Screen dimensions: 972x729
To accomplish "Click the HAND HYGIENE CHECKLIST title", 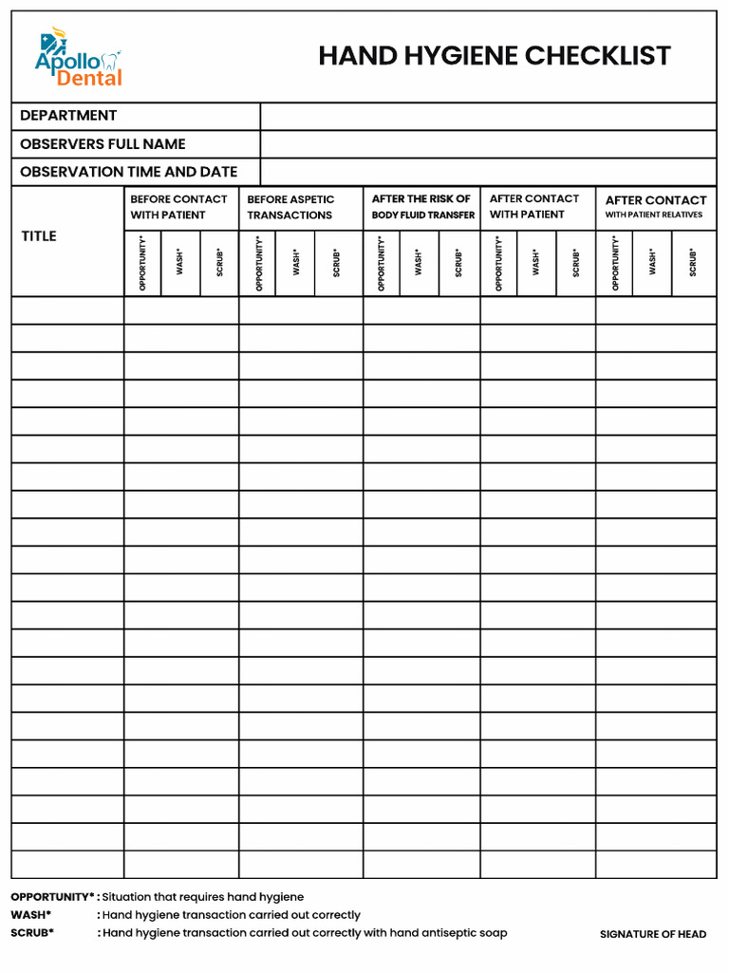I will click(495, 56).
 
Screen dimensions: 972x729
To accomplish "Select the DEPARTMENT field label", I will click(68, 116).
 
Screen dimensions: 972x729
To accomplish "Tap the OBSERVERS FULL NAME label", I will click(103, 144).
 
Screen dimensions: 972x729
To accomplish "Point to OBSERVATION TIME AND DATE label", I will click(128, 172).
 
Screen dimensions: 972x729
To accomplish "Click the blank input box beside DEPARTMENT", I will click(488, 116).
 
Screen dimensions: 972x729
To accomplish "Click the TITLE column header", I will click(39, 236).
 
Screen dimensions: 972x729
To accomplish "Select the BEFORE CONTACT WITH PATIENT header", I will click(178, 207).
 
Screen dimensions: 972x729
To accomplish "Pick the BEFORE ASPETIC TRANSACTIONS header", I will click(290, 207).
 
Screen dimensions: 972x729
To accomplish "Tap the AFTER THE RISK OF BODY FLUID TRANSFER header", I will click(422, 207).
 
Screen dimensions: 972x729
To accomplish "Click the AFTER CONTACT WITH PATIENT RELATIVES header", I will click(656, 206).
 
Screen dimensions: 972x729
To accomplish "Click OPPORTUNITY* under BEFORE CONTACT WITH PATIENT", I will click(142, 263).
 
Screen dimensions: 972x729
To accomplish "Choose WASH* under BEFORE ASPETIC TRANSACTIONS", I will click(296, 263).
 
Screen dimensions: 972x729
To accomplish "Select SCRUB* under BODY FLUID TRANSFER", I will click(458, 263).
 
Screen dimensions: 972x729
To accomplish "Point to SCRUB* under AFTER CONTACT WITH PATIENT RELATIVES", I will click(693, 263).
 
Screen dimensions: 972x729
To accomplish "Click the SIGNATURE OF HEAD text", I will click(653, 935).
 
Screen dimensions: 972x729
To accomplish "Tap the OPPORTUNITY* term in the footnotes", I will click(52, 897).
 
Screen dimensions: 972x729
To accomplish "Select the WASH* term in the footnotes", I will click(31, 915).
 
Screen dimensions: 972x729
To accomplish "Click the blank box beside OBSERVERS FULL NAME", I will click(488, 144).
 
